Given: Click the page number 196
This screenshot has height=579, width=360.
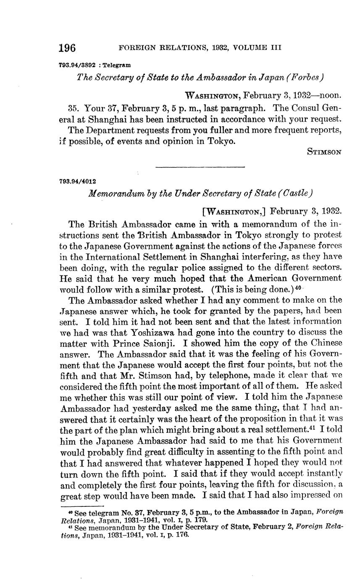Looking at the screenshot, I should coord(67,48).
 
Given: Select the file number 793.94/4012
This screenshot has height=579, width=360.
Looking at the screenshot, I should coord(78,181).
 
